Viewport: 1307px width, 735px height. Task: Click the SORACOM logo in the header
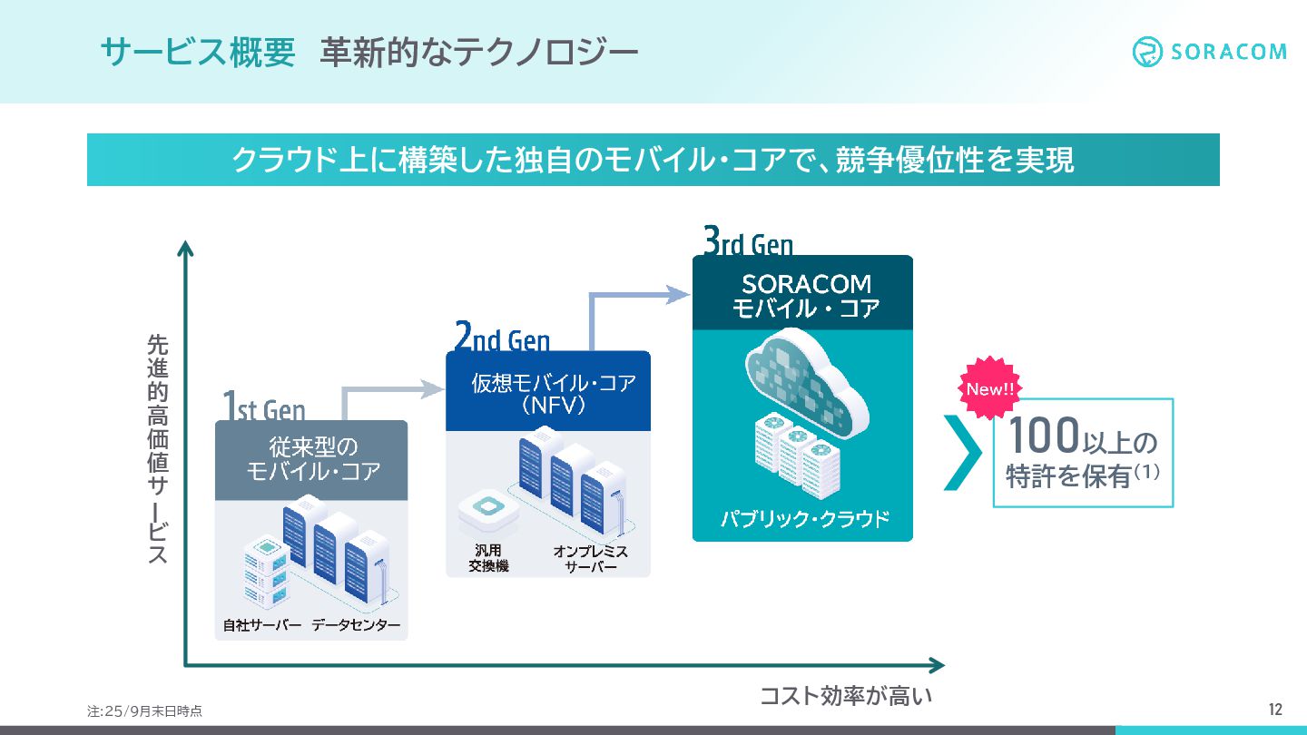point(1209,52)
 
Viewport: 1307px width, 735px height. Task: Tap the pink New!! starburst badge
point(989,389)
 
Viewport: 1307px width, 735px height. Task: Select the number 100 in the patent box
point(1044,435)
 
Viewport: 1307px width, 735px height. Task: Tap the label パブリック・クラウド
point(804,520)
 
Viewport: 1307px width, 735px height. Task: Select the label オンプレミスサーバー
point(591,559)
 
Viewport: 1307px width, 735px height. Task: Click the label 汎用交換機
point(488,559)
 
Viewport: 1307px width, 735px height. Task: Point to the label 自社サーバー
point(262,626)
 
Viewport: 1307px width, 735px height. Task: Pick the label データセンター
point(356,626)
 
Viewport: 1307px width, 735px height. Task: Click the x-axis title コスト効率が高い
point(846,697)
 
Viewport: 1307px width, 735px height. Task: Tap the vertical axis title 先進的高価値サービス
point(158,449)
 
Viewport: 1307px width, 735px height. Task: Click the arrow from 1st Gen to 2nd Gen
point(390,391)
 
